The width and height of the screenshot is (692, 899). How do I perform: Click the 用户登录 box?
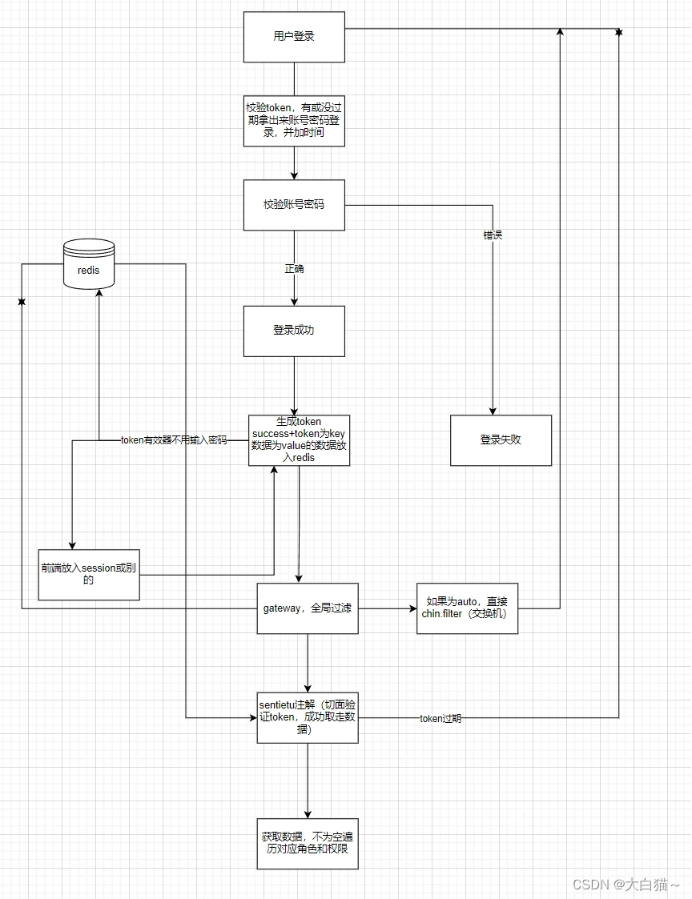tap(294, 37)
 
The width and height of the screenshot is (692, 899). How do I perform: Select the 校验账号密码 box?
tap(294, 205)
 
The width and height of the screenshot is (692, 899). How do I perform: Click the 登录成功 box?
tap(294, 331)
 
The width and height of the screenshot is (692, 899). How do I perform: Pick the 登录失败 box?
tap(501, 440)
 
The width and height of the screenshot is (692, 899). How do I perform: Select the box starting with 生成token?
tap(299, 439)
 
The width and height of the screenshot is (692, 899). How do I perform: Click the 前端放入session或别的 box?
tap(89, 574)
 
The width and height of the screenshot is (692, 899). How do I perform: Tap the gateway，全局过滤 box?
tap(308, 608)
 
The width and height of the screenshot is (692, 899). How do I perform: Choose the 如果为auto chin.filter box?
tap(467, 608)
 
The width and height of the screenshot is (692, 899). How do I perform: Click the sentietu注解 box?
tap(308, 717)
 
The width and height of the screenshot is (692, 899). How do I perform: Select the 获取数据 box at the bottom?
tap(308, 843)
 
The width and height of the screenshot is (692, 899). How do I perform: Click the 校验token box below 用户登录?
tap(294, 121)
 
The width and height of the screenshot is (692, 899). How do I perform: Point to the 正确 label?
tap(294, 268)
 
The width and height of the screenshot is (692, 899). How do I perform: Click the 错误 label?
tap(493, 235)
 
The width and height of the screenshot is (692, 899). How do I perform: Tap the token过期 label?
tap(441, 719)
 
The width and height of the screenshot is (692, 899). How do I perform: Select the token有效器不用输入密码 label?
tap(174, 439)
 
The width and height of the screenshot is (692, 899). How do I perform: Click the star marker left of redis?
tap(22, 302)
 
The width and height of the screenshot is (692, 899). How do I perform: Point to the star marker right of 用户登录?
tap(618, 31)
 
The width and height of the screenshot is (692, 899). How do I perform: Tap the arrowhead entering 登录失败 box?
tap(493, 411)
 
